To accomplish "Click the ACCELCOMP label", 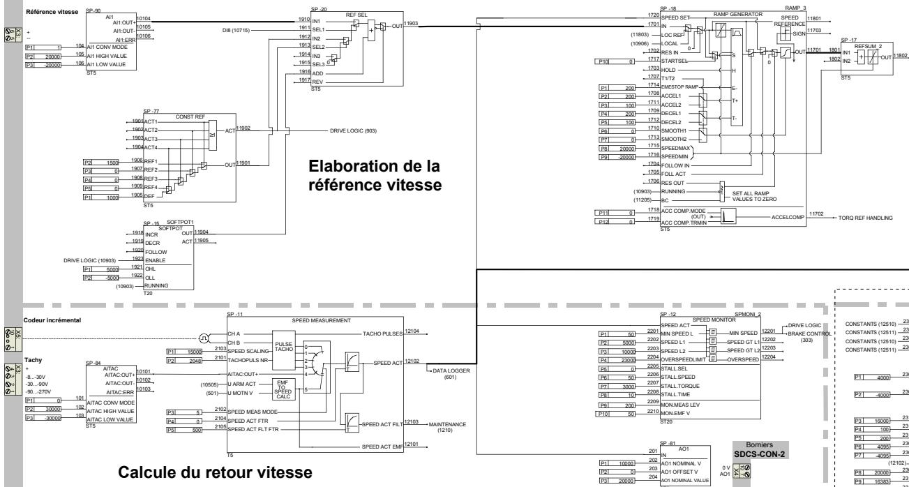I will pos(788,217).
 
